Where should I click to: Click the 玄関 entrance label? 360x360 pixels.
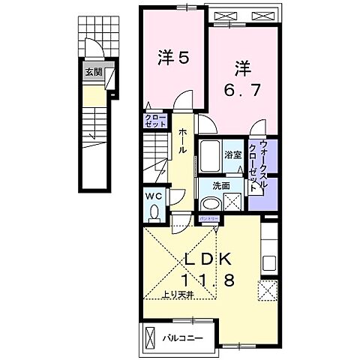point(93,72)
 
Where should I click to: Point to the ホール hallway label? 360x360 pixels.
point(183,139)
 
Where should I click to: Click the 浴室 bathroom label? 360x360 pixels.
point(233,154)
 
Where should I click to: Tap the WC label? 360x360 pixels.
point(153,196)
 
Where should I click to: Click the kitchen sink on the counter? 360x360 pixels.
point(269,263)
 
